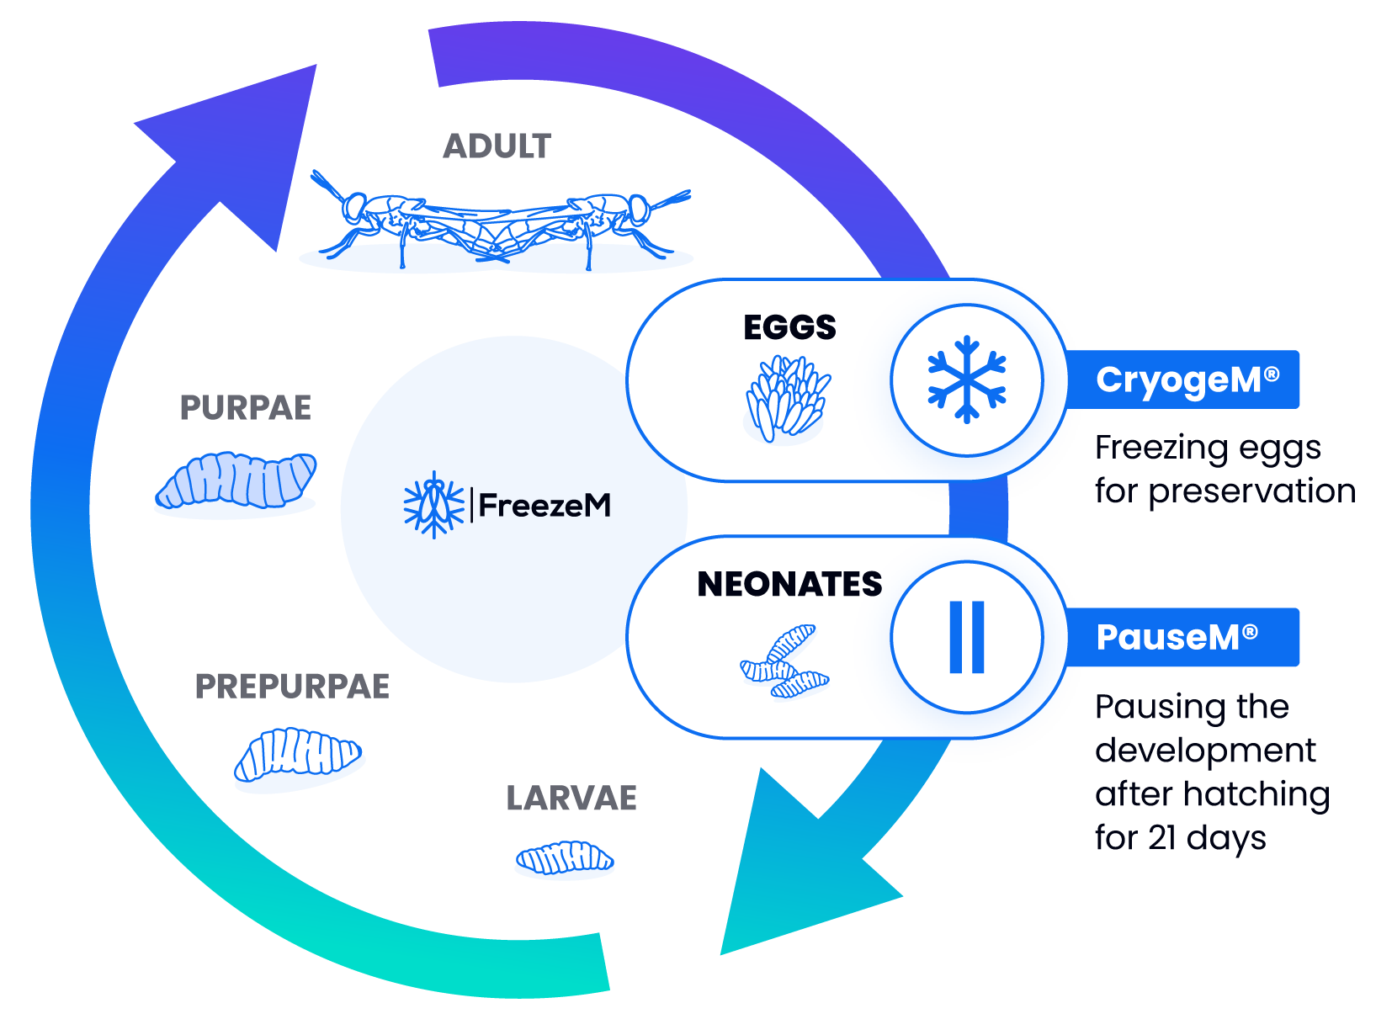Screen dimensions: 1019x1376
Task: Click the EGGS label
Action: pyautogui.click(x=789, y=327)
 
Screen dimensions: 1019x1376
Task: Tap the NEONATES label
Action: pyautogui.click(x=789, y=584)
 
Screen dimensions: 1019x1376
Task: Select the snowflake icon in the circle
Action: pyautogui.click(x=967, y=379)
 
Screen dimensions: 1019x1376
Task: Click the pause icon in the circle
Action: pyautogui.click(x=967, y=637)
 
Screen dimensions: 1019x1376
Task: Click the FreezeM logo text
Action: pyautogui.click(x=545, y=505)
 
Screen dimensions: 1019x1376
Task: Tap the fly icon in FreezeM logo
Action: pyautogui.click(x=433, y=505)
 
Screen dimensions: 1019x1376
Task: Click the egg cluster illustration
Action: pyautogui.click(x=787, y=398)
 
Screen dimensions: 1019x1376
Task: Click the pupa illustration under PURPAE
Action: pyautogui.click(x=236, y=482)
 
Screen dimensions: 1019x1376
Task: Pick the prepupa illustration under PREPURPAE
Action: pyautogui.click(x=299, y=755)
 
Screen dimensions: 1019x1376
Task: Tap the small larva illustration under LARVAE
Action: pyautogui.click(x=564, y=858)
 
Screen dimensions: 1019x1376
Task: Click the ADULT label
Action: pyautogui.click(x=498, y=146)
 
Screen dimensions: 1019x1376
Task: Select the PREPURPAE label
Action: pyautogui.click(x=292, y=687)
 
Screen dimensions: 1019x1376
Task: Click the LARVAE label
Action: pyautogui.click(x=572, y=798)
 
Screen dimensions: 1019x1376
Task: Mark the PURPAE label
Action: pyautogui.click(x=245, y=408)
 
